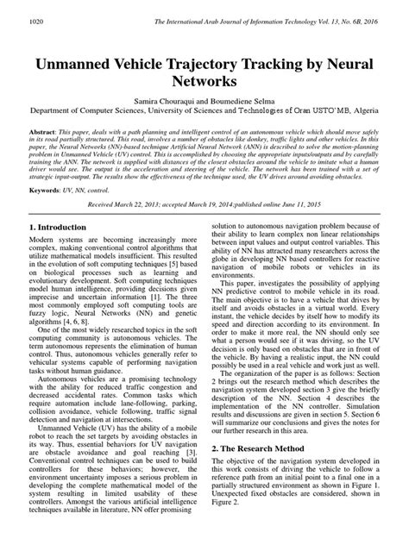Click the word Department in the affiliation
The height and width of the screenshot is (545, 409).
pos(44,124)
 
